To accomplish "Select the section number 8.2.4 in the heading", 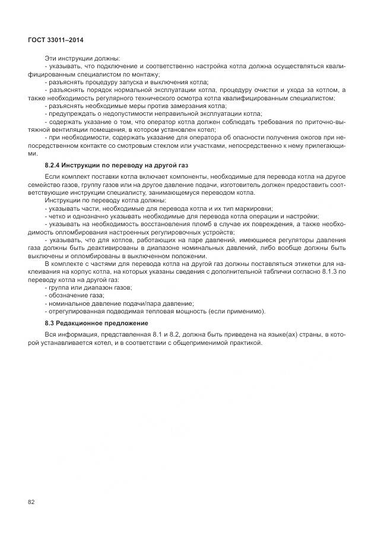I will [53, 164].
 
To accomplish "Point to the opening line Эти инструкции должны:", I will [82, 58].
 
